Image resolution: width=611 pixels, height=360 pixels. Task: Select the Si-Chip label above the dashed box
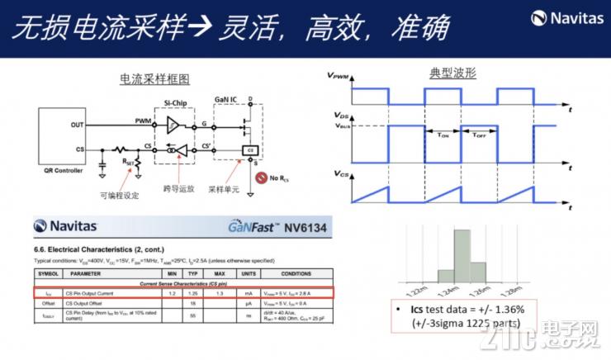175,102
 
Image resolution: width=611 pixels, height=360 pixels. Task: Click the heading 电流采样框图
154,79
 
